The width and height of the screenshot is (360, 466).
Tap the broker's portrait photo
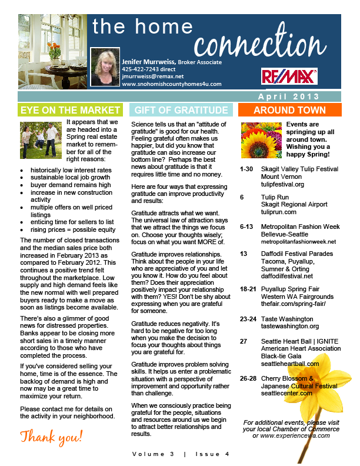pyautogui.click(x=105, y=67)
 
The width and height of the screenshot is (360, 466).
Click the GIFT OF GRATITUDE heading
pyautogui.click(x=181, y=110)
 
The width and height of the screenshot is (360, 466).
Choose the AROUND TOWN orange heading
pyautogui.click(x=289, y=110)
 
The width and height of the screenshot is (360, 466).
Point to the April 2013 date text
pyautogui.click(x=288, y=96)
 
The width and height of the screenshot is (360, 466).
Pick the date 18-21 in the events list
pyautogui.click(x=248, y=289)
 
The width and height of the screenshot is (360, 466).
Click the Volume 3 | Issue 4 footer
pyautogui.click(x=180, y=454)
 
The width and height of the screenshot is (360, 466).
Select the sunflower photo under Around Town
pyautogui.click(x=261, y=138)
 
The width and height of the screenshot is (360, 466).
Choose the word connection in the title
pyautogui.click(x=259, y=44)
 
